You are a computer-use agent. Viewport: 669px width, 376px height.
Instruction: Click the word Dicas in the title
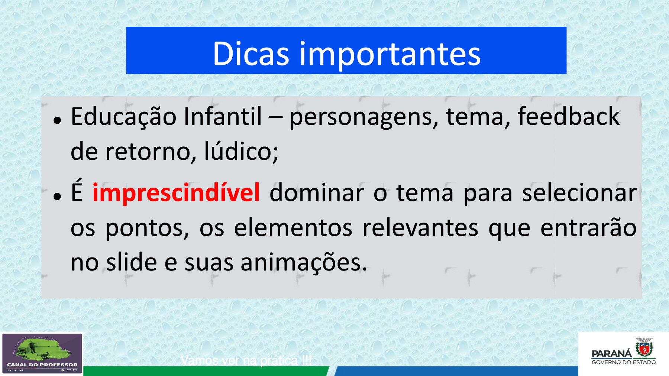pos(251,54)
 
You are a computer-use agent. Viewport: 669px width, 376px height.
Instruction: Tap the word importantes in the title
pos(390,55)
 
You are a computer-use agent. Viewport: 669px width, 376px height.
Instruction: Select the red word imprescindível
pos(176,192)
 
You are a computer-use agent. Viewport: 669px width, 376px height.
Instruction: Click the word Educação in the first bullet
pos(123,117)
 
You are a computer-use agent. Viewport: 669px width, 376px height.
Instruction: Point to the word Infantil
pos(223,116)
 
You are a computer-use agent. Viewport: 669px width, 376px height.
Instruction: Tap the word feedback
pos(569,116)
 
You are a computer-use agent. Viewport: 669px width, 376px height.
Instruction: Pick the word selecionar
pos(579,192)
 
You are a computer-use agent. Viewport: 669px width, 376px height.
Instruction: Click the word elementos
pos(293,227)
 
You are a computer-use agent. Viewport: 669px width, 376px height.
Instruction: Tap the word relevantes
pos(420,227)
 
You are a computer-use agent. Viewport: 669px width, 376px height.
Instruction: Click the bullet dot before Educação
pos(57,120)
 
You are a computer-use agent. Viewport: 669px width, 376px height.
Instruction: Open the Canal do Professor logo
pos(42,353)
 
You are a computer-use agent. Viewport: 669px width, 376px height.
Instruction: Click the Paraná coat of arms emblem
pos(644,347)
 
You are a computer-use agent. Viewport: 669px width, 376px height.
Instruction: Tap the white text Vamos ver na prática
pos(246,360)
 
